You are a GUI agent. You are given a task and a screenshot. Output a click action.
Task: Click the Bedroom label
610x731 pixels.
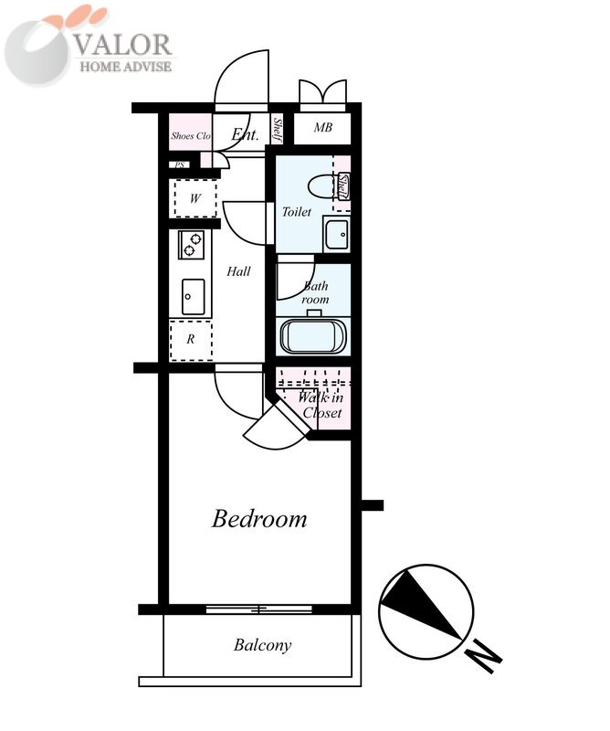259,519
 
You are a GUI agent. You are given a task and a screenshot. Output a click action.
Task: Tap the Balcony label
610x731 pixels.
262,645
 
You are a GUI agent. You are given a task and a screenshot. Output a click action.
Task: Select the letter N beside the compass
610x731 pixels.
484,656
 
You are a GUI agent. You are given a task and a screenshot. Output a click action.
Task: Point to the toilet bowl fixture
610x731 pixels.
322,185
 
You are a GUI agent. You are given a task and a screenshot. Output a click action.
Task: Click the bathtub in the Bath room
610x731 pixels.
313,336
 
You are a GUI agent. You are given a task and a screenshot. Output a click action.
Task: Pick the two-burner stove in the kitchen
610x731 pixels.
192,245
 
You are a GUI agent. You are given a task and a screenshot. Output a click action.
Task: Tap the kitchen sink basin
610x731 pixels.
193,297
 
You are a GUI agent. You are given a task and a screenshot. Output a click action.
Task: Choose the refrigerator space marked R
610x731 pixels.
191,340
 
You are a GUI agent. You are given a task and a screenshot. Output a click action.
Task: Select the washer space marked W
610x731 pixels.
195,198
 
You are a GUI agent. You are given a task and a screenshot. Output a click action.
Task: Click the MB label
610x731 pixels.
323,127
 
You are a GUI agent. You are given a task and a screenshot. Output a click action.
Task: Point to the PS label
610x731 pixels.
180,165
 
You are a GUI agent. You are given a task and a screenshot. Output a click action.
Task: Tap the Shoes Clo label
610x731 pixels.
191,136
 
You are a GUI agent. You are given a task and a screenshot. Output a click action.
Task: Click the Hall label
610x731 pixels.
238,271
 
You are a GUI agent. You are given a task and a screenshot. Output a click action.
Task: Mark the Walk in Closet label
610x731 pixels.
321,405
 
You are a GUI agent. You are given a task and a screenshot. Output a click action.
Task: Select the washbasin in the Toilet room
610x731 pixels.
336,235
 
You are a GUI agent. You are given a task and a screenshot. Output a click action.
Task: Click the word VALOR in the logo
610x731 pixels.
123,45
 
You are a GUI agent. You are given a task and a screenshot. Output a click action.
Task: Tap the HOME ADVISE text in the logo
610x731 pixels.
126,66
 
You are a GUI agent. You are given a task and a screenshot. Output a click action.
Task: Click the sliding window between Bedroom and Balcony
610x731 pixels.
259,609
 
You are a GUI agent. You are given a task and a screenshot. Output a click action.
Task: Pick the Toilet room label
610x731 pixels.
297,212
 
